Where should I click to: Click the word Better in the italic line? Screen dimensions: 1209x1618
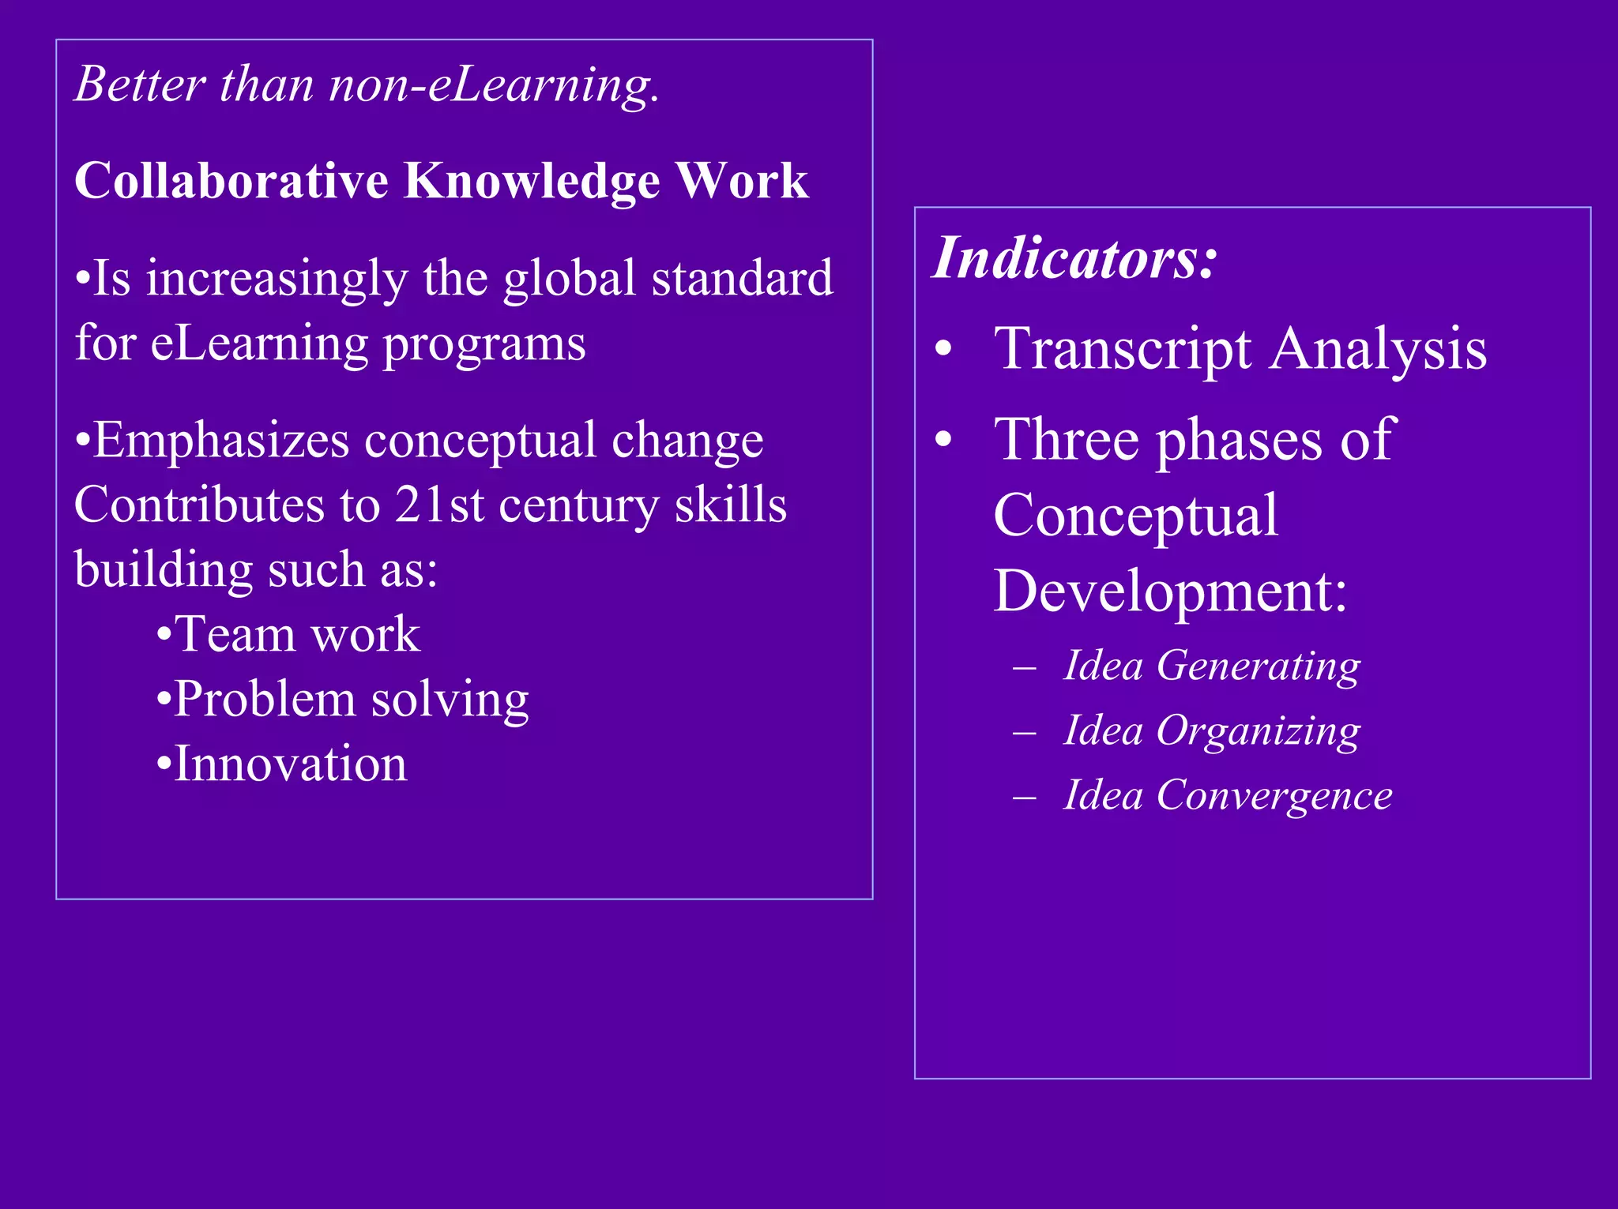coord(140,84)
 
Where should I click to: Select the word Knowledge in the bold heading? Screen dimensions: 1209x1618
coord(532,182)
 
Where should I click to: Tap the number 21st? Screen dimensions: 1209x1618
coord(439,505)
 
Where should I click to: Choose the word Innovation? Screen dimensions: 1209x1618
coord(290,764)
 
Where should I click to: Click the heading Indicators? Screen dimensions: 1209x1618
coord(1075,257)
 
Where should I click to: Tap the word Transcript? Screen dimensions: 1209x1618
coord(1123,349)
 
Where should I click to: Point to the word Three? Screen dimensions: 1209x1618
coord(1067,439)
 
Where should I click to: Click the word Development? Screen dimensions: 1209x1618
coord(1170,590)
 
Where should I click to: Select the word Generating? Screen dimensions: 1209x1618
coord(1259,666)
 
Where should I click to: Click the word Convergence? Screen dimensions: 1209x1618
coord(1274,795)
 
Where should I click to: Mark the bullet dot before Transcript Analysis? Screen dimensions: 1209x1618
coord(943,349)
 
